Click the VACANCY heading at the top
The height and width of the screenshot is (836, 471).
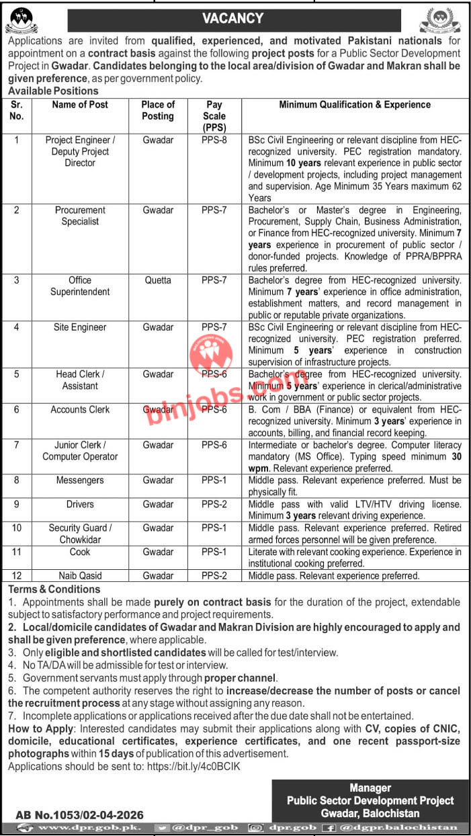pyautogui.click(x=234, y=19)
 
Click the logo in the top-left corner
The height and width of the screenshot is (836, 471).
pyautogui.click(x=22, y=20)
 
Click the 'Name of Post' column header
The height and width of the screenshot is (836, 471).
pyautogui.click(x=80, y=105)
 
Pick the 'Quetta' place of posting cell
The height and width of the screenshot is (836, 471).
pyautogui.click(x=158, y=280)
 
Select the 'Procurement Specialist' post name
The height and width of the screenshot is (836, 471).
pyautogui.click(x=80, y=216)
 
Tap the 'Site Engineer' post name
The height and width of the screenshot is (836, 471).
pyautogui.click(x=80, y=327)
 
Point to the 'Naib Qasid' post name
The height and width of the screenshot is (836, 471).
pyautogui.click(x=80, y=576)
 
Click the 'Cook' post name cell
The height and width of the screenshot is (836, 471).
pyautogui.click(x=80, y=552)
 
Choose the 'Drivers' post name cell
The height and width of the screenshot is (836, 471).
pyautogui.click(x=80, y=504)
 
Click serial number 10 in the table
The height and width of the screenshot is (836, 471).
pyautogui.click(x=17, y=528)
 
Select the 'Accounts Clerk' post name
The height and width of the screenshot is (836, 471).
pyautogui.click(x=80, y=409)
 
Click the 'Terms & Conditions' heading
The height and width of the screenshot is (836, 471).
pyautogui.click(x=54, y=589)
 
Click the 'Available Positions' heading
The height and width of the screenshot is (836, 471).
pyautogui.click(x=53, y=91)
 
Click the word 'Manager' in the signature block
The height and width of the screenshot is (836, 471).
pyautogui.click(x=370, y=788)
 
